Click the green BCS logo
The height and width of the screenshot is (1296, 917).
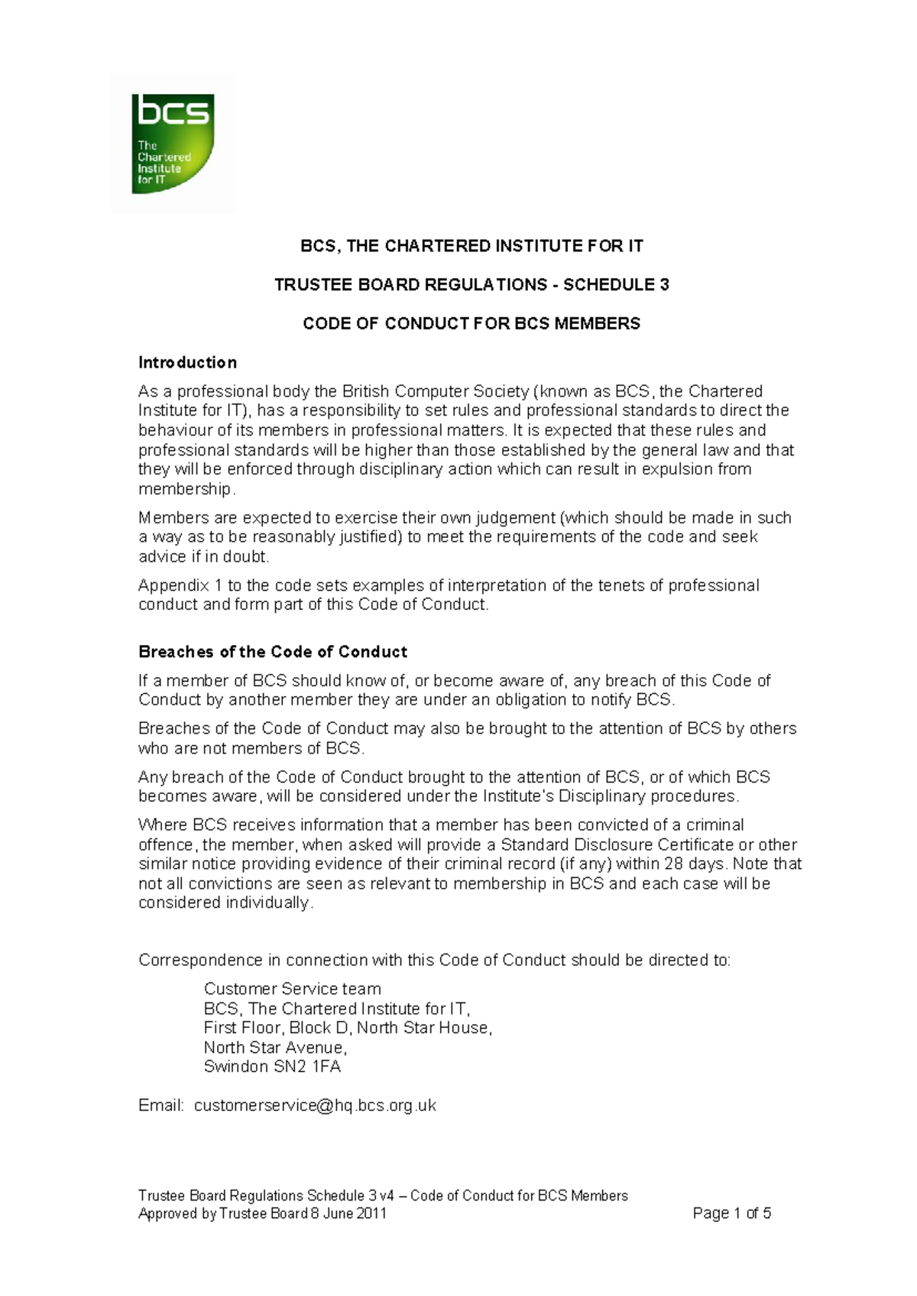[x=173, y=144]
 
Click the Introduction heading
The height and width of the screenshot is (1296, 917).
[x=187, y=362]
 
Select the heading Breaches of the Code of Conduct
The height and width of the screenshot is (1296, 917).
[x=272, y=652]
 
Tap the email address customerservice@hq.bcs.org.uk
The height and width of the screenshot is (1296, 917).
[x=315, y=1106]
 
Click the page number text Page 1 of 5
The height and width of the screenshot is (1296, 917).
[x=731, y=1213]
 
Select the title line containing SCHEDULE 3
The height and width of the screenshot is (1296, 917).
[x=471, y=285]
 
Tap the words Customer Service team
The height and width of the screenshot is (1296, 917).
[x=292, y=989]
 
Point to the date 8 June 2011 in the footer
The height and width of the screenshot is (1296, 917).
[x=348, y=1213]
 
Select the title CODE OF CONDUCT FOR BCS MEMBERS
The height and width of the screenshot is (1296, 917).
[x=471, y=324]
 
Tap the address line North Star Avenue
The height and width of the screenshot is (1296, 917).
[x=275, y=1048]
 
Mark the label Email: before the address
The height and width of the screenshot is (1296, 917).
[x=160, y=1106]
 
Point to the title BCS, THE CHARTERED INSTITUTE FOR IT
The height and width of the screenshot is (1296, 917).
[x=471, y=246]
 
